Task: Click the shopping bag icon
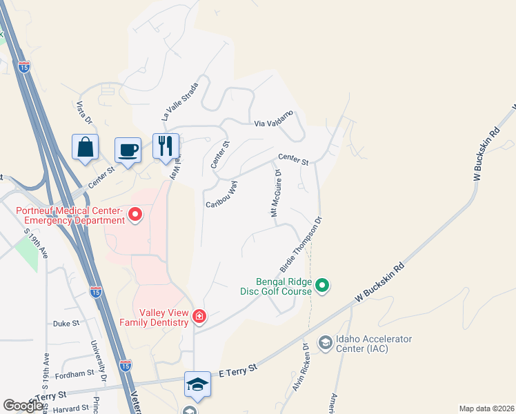click(x=85, y=147)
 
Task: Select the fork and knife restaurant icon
click(x=166, y=146)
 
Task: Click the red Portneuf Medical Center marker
click(x=135, y=216)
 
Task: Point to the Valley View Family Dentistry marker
click(x=199, y=316)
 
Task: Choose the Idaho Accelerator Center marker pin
click(x=325, y=342)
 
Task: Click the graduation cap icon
click(x=197, y=384)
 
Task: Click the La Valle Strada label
click(x=180, y=101)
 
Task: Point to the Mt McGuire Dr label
click(x=277, y=194)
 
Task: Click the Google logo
click(x=23, y=406)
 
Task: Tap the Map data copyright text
click(x=486, y=408)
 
